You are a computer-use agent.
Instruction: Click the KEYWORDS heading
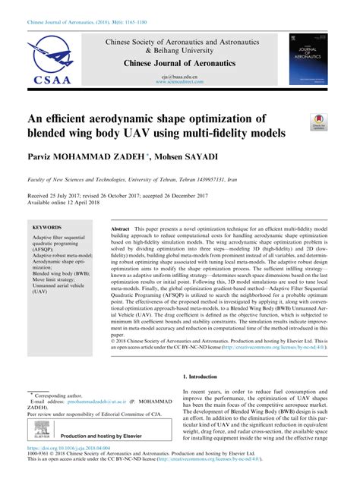(49, 227)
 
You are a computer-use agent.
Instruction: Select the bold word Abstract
(122, 228)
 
